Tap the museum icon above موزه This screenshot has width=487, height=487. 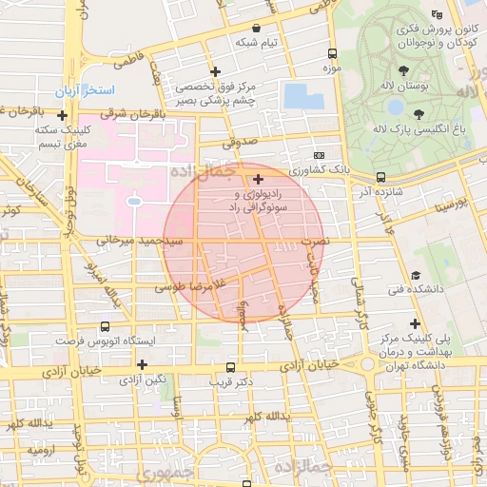pyautogui.click(x=331, y=53)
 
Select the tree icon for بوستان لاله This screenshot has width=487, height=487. pyautogui.click(x=404, y=70)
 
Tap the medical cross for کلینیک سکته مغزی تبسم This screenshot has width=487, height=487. pyautogui.click(x=63, y=116)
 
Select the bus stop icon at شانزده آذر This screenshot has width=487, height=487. pyautogui.click(x=380, y=177)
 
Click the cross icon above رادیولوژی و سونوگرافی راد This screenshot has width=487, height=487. pyautogui.click(x=258, y=178)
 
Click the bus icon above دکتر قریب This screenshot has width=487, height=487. pyautogui.click(x=230, y=367)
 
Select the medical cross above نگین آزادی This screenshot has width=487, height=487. pyautogui.click(x=142, y=364)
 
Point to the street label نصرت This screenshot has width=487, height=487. pyautogui.click(x=314, y=243)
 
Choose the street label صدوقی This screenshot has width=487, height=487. pyautogui.click(x=240, y=145)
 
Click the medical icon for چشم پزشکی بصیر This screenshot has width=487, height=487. pyautogui.click(x=217, y=71)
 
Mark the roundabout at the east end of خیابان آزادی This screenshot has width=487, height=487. pyautogui.click(x=366, y=364)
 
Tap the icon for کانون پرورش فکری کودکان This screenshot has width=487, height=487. pyautogui.click(x=437, y=14)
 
